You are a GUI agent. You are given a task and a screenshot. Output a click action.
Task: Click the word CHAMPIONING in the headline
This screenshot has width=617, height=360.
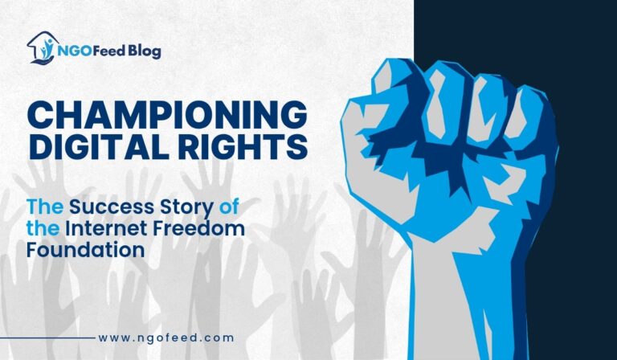click(167, 115)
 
